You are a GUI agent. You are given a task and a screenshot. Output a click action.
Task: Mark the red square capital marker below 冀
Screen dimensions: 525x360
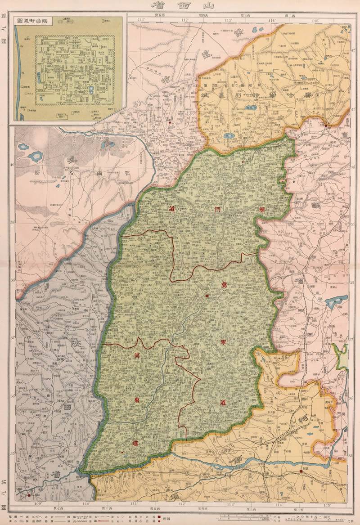coord(207,296)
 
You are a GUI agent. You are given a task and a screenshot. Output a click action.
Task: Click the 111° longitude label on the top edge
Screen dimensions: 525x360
coord(141,20)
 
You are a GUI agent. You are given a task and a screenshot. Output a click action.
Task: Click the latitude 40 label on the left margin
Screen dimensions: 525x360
coord(12,165)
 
